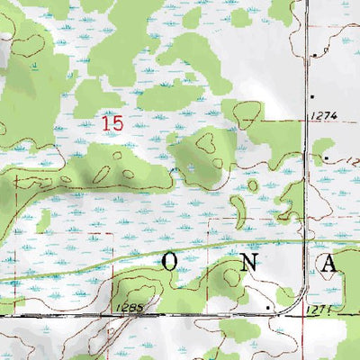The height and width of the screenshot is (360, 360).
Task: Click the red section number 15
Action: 113,122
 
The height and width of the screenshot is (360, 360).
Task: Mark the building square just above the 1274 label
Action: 312,94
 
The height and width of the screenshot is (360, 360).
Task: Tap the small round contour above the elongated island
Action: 254,185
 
